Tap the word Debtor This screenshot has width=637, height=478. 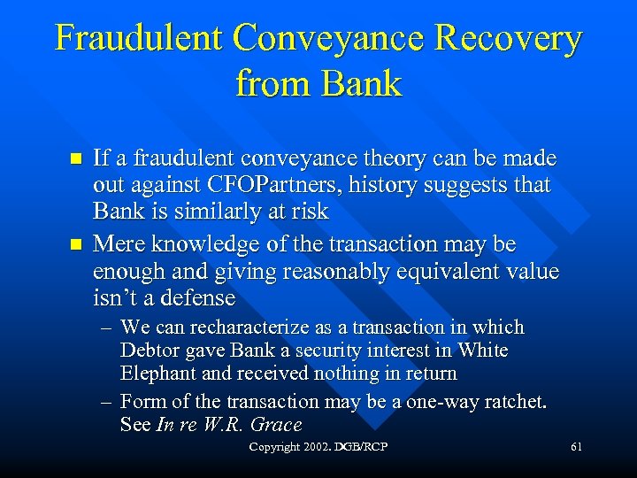click(148, 351)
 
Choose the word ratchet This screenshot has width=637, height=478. click(517, 402)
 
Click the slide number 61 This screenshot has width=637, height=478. click(576, 448)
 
